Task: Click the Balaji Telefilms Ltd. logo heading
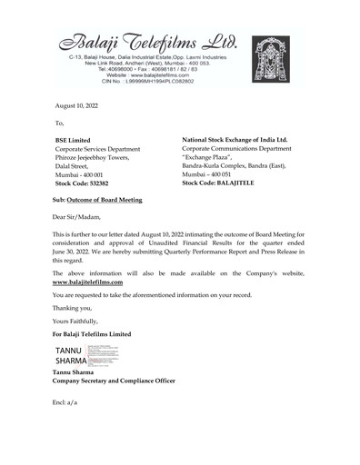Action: (145, 42)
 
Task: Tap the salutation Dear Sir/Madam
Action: (77, 216)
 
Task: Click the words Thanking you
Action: (72, 308)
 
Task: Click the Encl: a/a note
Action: (65, 401)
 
